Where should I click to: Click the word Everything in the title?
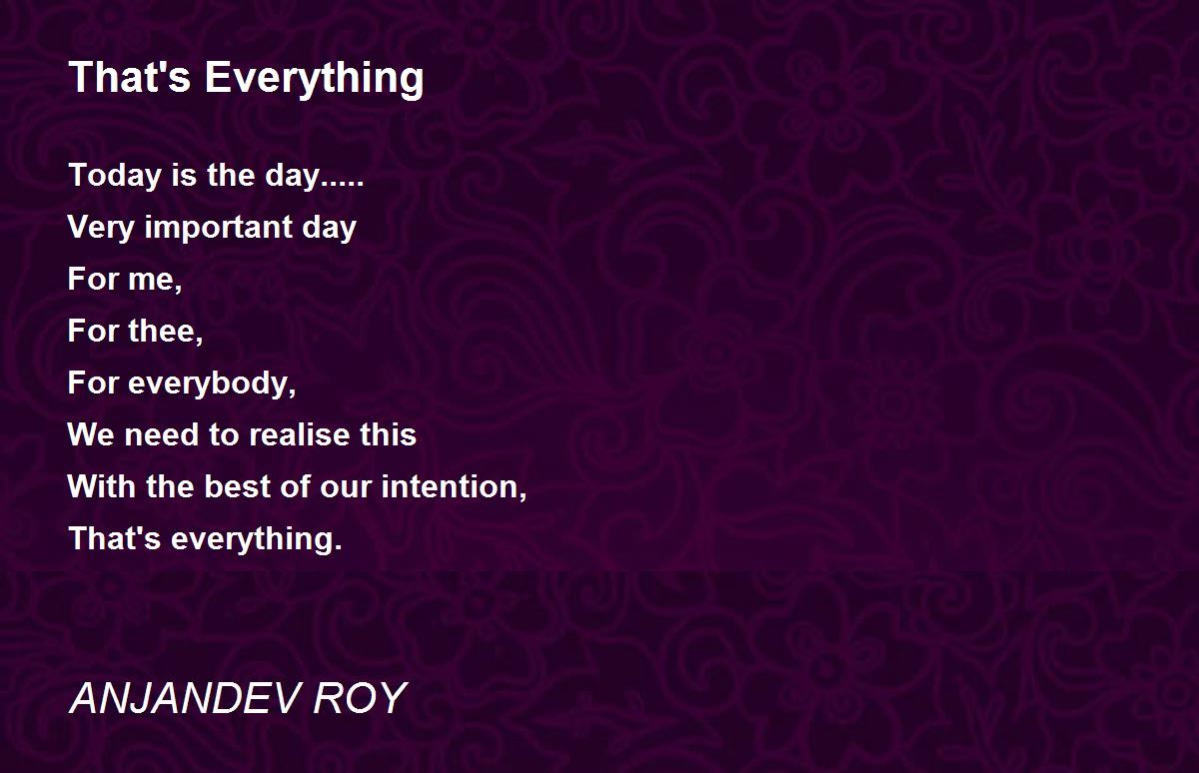[314, 79]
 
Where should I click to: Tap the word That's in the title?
[130, 77]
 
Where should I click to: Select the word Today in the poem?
[115, 176]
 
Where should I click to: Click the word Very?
[101, 228]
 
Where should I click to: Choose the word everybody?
[212, 385]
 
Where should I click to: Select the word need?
[162, 434]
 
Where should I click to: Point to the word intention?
[454, 486]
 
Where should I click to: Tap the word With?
[101, 486]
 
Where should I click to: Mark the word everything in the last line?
[257, 539]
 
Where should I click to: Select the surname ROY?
[360, 698]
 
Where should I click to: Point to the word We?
[91, 434]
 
